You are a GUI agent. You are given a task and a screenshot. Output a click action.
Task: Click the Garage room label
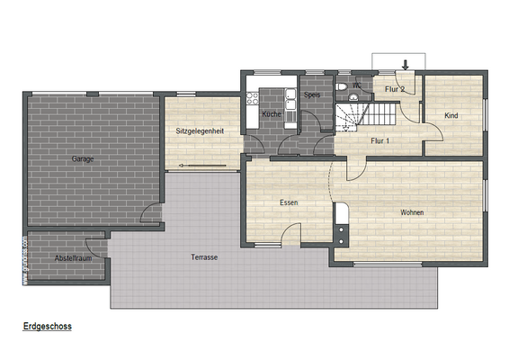point(83,158)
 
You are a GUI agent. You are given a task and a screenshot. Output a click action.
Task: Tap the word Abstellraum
point(73,258)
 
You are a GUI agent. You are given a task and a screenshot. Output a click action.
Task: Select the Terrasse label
point(204,256)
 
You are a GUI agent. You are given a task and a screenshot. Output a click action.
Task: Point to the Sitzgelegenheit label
point(200,131)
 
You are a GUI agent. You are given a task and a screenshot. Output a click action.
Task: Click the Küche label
point(272,115)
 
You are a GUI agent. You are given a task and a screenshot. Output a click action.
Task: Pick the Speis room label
point(312,94)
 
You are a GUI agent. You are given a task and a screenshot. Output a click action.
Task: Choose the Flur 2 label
point(394,89)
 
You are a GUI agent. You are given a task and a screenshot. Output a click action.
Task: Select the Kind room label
point(451,115)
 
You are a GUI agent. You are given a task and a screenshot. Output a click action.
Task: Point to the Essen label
point(289,202)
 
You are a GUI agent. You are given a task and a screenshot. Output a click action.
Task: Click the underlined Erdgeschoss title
point(48,327)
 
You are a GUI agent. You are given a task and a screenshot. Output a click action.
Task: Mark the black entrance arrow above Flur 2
point(406,64)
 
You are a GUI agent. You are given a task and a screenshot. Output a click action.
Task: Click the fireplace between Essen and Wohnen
point(341,224)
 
